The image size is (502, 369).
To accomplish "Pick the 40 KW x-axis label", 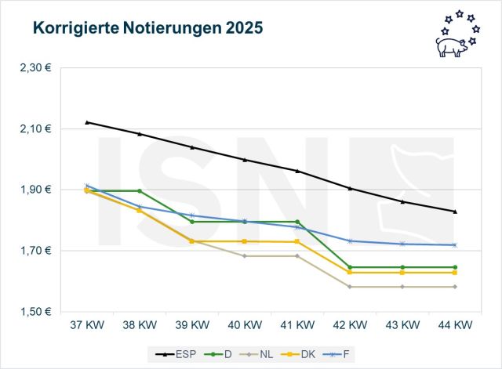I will tap(245, 324).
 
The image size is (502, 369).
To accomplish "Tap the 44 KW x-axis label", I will tap(455, 324).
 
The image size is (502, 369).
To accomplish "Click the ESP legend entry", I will tap(184, 354).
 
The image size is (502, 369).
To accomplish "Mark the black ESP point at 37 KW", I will tap(87, 122).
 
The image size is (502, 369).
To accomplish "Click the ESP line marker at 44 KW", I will tap(455, 212).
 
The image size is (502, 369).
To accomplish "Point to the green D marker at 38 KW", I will tap(140, 190).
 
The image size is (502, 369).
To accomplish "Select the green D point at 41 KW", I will tap(297, 222).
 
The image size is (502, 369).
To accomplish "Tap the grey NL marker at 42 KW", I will tap(350, 287).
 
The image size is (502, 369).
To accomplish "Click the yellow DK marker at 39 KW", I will tap(192, 241).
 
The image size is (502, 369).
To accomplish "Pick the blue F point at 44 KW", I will tap(455, 245).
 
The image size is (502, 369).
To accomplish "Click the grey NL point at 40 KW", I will tap(245, 256).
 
